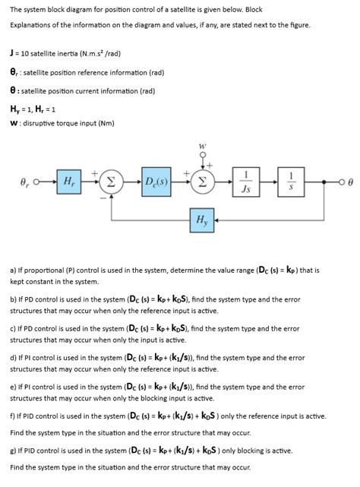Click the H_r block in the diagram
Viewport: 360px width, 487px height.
pos(68,183)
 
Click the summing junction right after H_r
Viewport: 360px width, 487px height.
pos(112,183)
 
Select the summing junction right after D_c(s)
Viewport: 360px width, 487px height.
pos(203,183)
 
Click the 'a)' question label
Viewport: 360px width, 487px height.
pos(14,269)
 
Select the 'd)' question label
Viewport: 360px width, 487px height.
pos(14,357)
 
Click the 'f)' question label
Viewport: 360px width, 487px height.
pos(13,416)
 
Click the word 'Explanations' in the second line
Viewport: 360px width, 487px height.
pos(31,25)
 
